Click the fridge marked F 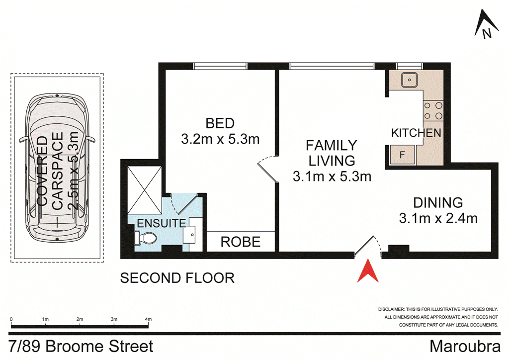point(403,155)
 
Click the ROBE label point(241,242)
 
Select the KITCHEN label point(416,133)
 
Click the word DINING point(438,202)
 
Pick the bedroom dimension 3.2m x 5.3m point(220,139)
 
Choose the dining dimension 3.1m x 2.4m point(438,218)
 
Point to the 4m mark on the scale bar point(148,319)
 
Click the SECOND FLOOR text point(177,277)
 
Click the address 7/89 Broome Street point(82,346)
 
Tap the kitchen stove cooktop point(433,111)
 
